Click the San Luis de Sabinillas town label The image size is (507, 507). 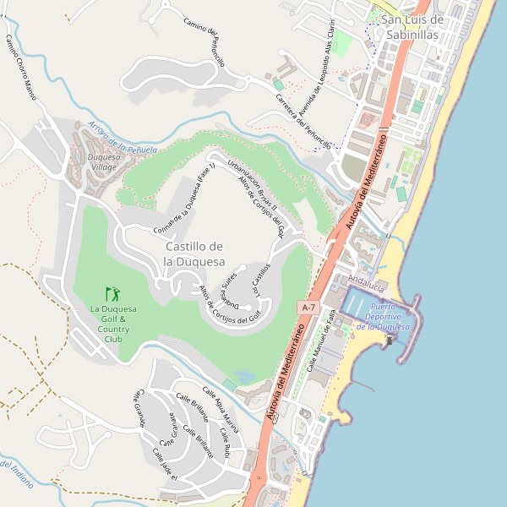click(412, 27)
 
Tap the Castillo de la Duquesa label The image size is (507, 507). click(194, 253)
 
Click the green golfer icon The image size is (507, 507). click(112, 295)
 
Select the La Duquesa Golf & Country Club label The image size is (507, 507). click(114, 324)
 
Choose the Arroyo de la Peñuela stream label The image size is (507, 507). click(122, 138)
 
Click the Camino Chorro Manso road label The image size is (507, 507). click(21, 68)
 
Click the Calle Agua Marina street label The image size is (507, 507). click(218, 405)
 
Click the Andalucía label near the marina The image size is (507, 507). click(366, 281)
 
